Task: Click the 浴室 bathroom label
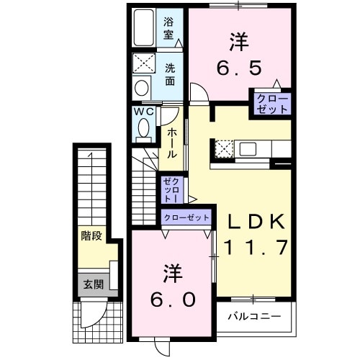[169, 27]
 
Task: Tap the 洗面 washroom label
[170, 74]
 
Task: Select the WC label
[142, 113]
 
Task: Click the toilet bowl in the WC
[142, 130]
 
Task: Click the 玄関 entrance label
[92, 284]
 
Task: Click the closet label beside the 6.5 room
[271, 102]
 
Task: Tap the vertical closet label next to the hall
[171, 189]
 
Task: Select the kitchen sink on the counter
[248, 149]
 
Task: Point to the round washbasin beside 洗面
[141, 86]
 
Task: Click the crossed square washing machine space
[141, 63]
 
